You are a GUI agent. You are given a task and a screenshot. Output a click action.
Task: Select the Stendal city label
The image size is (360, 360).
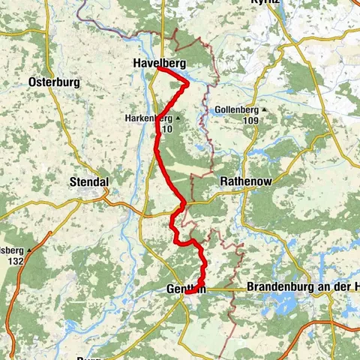point(88,182)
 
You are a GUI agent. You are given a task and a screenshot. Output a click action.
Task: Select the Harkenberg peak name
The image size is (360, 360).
point(148,118)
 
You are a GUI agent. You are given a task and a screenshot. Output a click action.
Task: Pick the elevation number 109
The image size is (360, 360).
point(250,121)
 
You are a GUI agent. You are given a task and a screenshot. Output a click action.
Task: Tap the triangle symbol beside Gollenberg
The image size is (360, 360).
point(263,110)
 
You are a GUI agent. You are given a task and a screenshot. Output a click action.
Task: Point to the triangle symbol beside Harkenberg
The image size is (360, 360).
point(178,118)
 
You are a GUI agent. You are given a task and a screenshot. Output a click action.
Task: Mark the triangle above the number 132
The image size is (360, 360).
point(29,250)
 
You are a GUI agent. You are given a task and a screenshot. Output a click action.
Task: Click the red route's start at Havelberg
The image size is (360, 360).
point(160,70)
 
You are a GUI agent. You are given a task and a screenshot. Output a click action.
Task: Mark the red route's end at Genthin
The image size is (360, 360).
point(188,292)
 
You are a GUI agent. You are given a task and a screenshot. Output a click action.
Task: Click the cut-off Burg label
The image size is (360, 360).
point(88,357)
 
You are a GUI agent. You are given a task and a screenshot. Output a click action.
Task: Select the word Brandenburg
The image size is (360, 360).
point(275,288)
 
